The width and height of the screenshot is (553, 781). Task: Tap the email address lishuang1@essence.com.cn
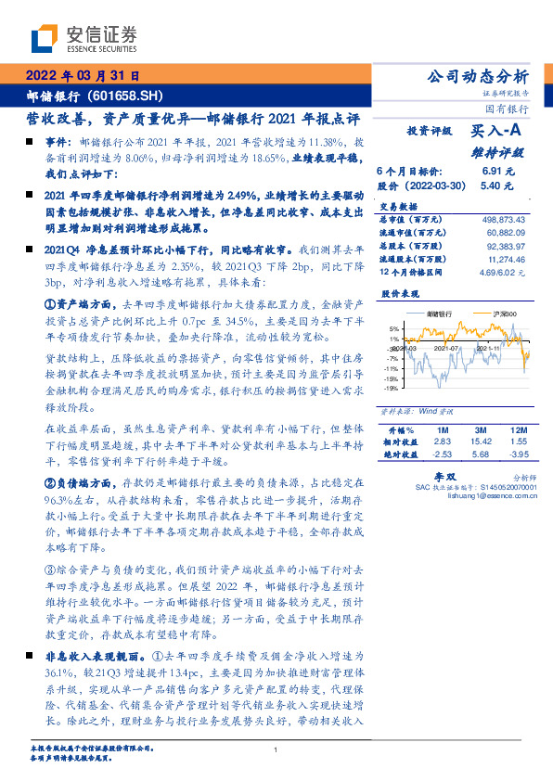(486, 494)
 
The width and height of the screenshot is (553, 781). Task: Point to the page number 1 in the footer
(276, 751)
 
